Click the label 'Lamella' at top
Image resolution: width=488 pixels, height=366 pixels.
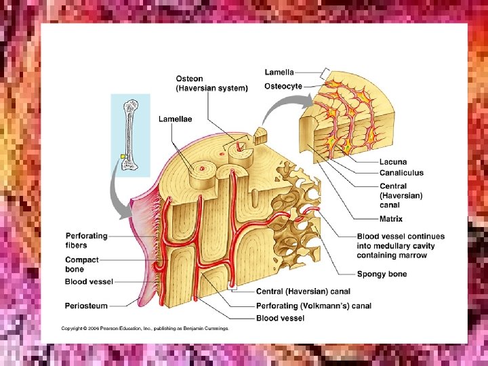pos(279,72)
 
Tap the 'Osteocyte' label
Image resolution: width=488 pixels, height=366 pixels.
pos(283,86)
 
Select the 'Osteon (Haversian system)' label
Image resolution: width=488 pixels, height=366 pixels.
pos(211,83)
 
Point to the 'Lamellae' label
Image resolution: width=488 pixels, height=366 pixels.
pos(175,119)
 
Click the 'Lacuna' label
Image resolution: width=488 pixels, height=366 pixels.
pos(393,162)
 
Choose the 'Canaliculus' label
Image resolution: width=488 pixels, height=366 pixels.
pos(401,173)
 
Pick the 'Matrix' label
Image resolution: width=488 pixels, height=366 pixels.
pos(391,219)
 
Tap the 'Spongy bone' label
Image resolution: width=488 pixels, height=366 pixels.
pos(382,274)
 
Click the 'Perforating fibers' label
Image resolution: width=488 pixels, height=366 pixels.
pos(86,240)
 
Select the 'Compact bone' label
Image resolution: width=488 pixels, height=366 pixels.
pos(82,264)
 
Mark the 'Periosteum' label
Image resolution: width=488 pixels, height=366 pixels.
pos(86,305)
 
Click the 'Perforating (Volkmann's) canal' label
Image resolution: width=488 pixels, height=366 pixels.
pos(314,306)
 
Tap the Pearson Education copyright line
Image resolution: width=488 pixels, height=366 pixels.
pos(145,328)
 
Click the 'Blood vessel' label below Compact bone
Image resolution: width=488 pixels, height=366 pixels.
pos(89,281)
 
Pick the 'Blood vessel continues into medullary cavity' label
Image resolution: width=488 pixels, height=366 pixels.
pos(401,245)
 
